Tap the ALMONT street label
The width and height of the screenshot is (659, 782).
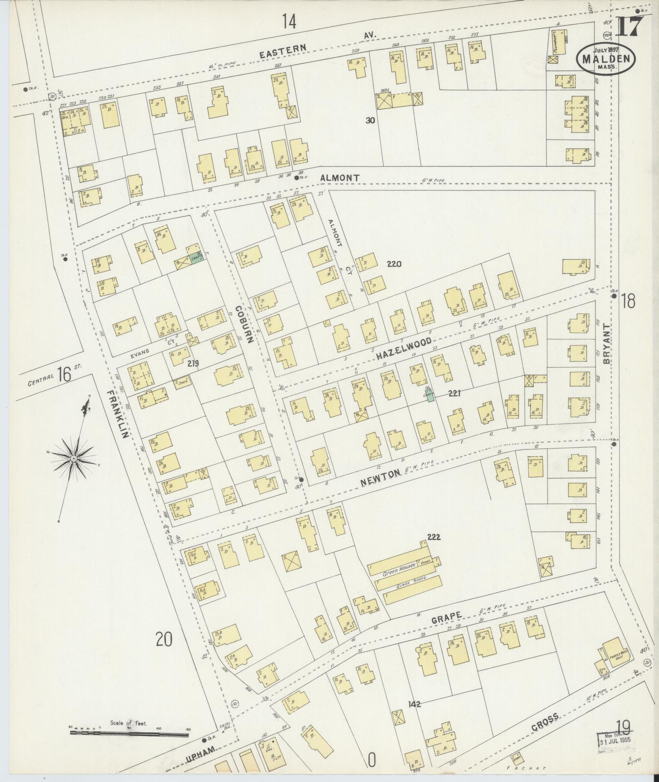pos(340,178)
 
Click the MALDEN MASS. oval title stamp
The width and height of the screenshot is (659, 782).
pos(605,59)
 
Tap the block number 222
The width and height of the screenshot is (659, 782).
pos(433,538)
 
